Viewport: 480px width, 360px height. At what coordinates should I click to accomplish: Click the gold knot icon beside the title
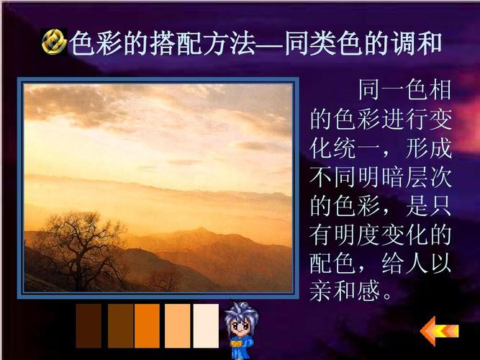click(54, 44)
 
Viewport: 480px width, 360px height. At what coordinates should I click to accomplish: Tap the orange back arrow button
click(439, 331)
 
